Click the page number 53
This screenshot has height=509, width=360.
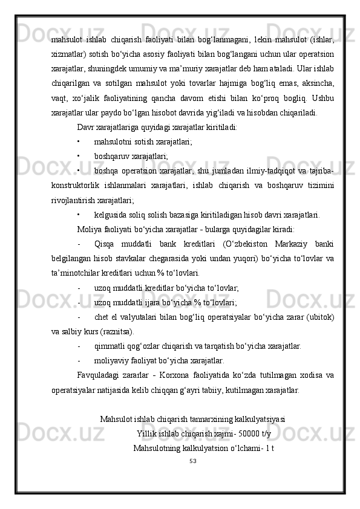point(192,461)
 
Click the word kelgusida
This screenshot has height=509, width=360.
point(112,215)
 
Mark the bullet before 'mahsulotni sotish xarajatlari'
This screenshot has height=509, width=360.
point(79,142)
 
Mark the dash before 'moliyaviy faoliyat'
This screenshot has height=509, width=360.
point(79,360)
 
